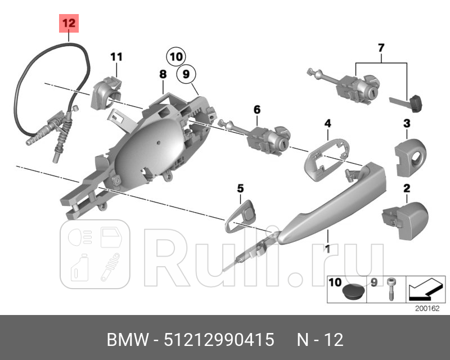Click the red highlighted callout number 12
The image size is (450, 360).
coord(68,24)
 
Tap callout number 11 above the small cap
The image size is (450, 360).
coord(116,56)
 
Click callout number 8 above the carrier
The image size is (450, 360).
coord(163,74)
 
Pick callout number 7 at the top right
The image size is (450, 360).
coord(381,48)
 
